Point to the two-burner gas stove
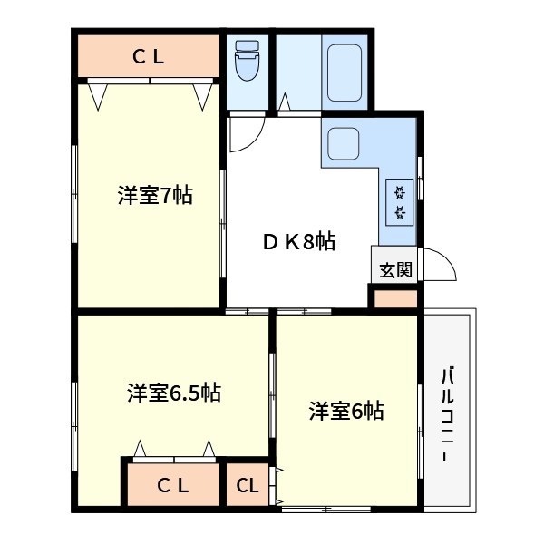[x=399, y=202]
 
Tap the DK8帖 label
[x=299, y=242]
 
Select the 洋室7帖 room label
[x=154, y=195]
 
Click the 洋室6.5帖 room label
[x=174, y=393]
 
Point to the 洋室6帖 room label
[x=345, y=411]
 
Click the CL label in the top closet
[x=149, y=57]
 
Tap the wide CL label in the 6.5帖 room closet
[x=172, y=485]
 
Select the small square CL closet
[x=248, y=485]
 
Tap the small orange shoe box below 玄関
[x=395, y=298]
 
